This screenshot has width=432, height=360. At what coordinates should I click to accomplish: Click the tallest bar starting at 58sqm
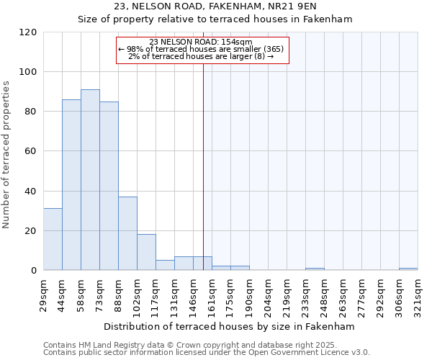click(x=90, y=180)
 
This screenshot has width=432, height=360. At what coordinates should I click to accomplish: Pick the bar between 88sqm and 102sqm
click(x=127, y=233)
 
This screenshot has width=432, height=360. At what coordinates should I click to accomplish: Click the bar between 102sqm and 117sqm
click(x=146, y=252)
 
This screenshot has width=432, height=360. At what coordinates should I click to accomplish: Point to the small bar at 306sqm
click(x=408, y=269)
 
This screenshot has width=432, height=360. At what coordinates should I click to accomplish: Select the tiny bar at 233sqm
click(x=315, y=269)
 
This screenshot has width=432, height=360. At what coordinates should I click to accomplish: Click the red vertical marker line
click(x=203, y=166)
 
